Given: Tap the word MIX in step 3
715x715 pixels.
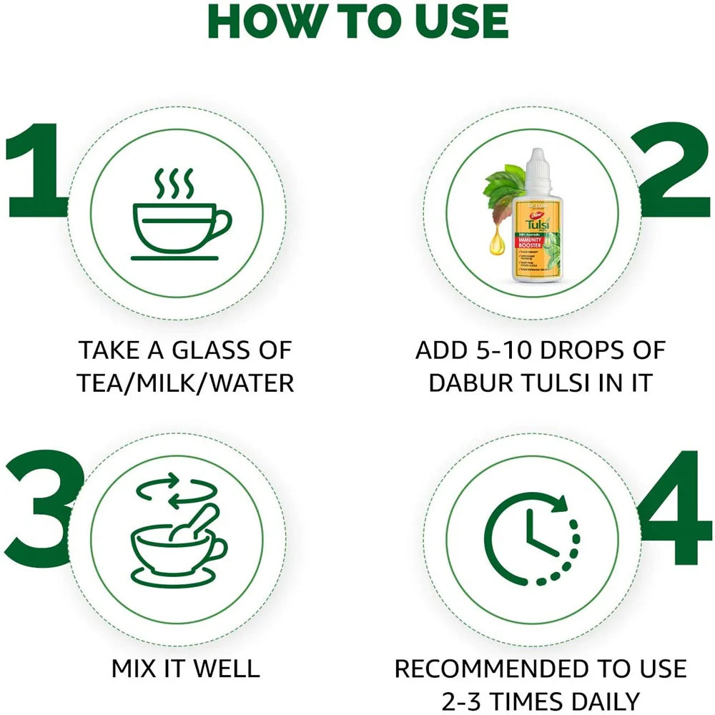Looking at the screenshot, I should tap(135, 669).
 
